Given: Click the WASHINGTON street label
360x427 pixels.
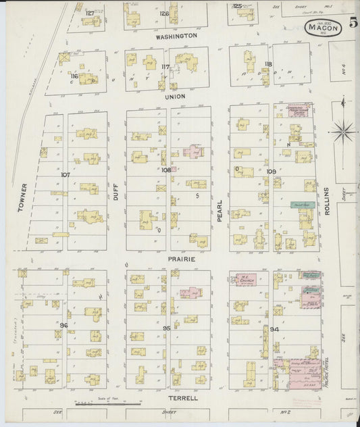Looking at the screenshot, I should point(176,36).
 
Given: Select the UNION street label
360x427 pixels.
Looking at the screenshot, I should point(175,97).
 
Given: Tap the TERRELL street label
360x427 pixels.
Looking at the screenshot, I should point(184,398).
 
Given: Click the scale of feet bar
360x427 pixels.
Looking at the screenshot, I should point(108,404).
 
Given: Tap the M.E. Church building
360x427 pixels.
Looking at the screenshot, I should point(245,278).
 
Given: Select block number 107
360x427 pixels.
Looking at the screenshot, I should point(65,175).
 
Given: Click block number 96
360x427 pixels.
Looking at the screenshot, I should point(63,325).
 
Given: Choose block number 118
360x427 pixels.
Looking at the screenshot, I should point(268,64).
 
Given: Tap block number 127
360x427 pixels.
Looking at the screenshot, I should point(89,13).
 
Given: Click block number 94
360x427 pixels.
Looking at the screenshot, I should point(274,329).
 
